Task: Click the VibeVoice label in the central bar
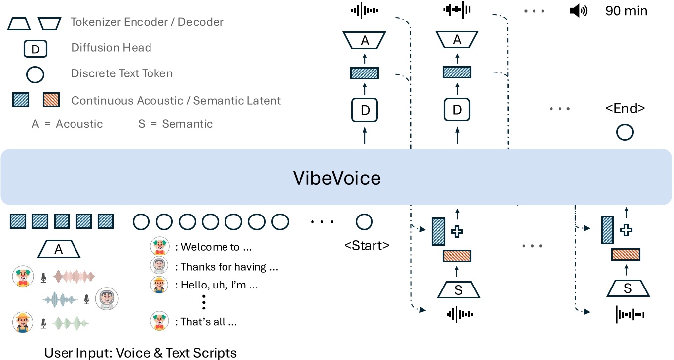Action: coord(337,177)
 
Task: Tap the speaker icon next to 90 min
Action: coord(578,11)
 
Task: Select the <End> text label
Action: coord(624,108)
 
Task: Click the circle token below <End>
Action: coord(624,132)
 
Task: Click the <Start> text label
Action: coord(367,245)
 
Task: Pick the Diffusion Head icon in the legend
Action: coord(35,48)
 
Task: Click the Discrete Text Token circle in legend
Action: coord(35,74)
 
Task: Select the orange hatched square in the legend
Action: coord(52,100)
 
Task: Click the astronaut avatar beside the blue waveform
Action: coord(107,298)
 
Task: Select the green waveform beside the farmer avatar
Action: coord(70,323)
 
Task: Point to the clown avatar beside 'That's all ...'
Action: coord(158,321)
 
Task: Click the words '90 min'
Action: coord(626,11)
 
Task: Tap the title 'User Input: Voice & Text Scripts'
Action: coord(141,353)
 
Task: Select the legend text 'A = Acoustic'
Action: coord(67,124)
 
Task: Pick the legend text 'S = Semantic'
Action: coord(175,124)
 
